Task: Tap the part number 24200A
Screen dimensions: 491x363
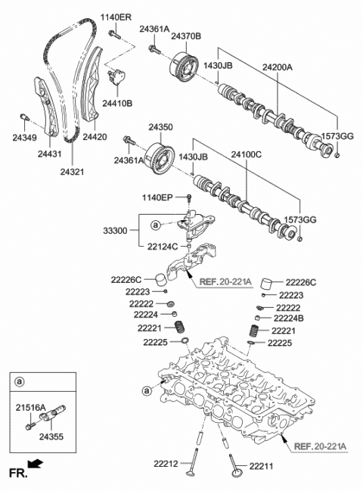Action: (x=280, y=67)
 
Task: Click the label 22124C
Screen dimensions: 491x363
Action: (x=163, y=246)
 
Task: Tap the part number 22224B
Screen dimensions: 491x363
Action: (x=290, y=319)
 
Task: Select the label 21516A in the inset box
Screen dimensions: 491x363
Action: (x=31, y=407)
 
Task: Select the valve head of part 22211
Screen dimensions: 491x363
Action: (x=234, y=471)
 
